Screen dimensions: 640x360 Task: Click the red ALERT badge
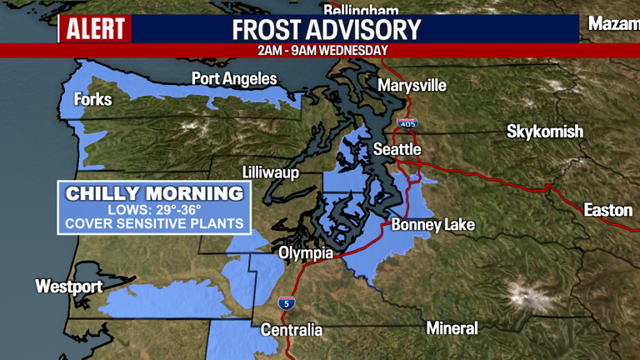pyautogui.click(x=95, y=29)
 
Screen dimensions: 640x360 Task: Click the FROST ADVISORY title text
pyautogui.click(x=327, y=29)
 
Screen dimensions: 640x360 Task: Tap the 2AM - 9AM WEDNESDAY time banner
pyautogui.click(x=322, y=50)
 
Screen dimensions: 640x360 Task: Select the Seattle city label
pyautogui.click(x=397, y=149)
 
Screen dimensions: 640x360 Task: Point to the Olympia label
pyautogui.click(x=306, y=252)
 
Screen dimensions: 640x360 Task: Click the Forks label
pyautogui.click(x=92, y=100)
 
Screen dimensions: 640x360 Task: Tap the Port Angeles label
pyautogui.click(x=234, y=79)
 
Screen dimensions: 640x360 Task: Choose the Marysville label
pyautogui.click(x=412, y=86)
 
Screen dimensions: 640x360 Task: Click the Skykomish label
pyautogui.click(x=545, y=132)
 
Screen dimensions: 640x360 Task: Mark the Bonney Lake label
pyautogui.click(x=432, y=225)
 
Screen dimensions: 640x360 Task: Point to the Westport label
pyautogui.click(x=68, y=287)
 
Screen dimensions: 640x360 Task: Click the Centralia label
pyautogui.click(x=292, y=330)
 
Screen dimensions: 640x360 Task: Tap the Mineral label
pyautogui.click(x=452, y=328)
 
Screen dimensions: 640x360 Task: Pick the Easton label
pyautogui.click(x=607, y=210)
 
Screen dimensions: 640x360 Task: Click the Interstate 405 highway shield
pyautogui.click(x=407, y=123)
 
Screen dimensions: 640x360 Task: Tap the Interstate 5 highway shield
pyautogui.click(x=286, y=302)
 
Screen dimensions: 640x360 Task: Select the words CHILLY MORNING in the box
pyautogui.click(x=155, y=194)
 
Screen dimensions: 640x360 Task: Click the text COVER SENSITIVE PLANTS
pyautogui.click(x=155, y=223)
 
